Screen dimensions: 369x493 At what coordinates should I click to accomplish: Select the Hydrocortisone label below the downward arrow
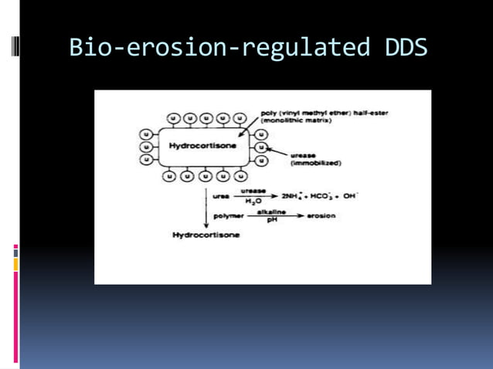(206, 235)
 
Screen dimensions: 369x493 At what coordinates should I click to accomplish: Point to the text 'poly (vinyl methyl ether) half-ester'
(325, 113)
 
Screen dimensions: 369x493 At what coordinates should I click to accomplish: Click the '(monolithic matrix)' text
(297, 120)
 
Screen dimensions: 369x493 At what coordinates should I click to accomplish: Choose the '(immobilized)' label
(316, 163)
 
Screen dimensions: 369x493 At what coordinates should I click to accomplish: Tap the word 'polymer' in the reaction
(228, 216)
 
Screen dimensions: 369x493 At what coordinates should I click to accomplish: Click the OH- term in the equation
(349, 196)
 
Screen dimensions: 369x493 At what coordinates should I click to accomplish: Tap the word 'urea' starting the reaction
(221, 196)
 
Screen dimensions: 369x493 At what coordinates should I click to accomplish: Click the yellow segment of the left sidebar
(15, 265)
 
